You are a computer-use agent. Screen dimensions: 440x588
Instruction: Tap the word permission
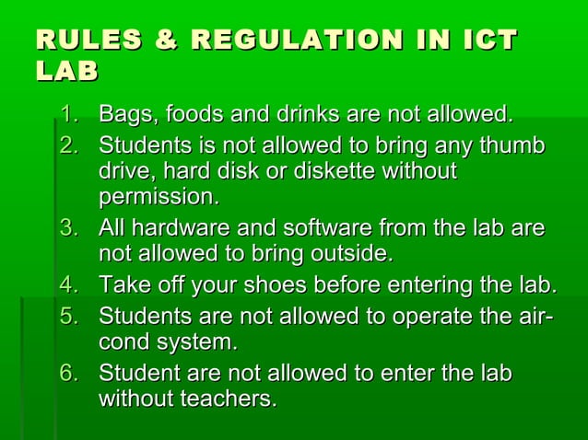coord(159,198)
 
